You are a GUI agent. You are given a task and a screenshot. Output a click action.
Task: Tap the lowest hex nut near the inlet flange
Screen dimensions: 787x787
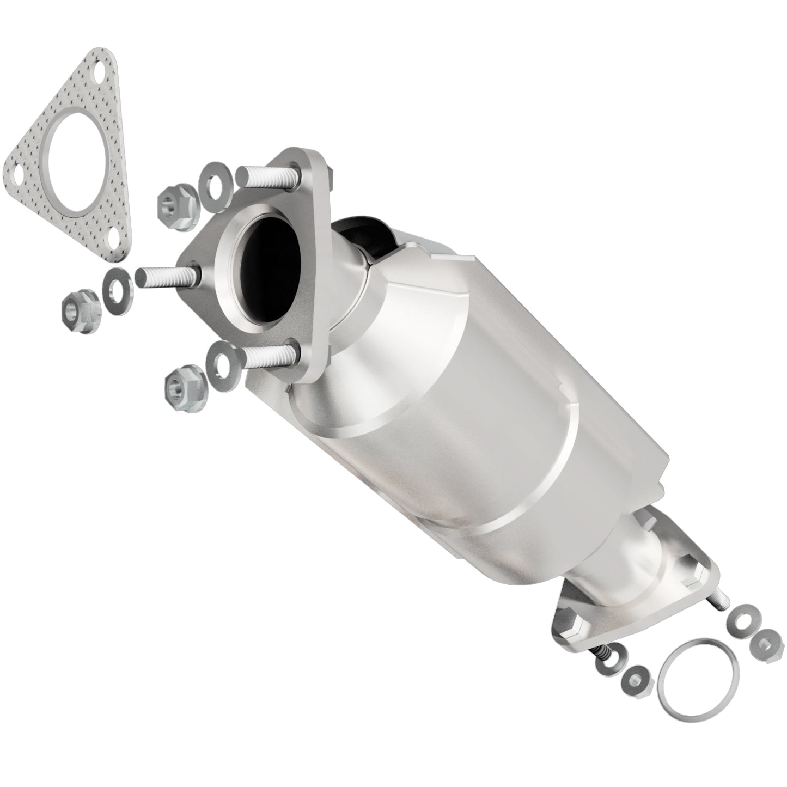point(181,388)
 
